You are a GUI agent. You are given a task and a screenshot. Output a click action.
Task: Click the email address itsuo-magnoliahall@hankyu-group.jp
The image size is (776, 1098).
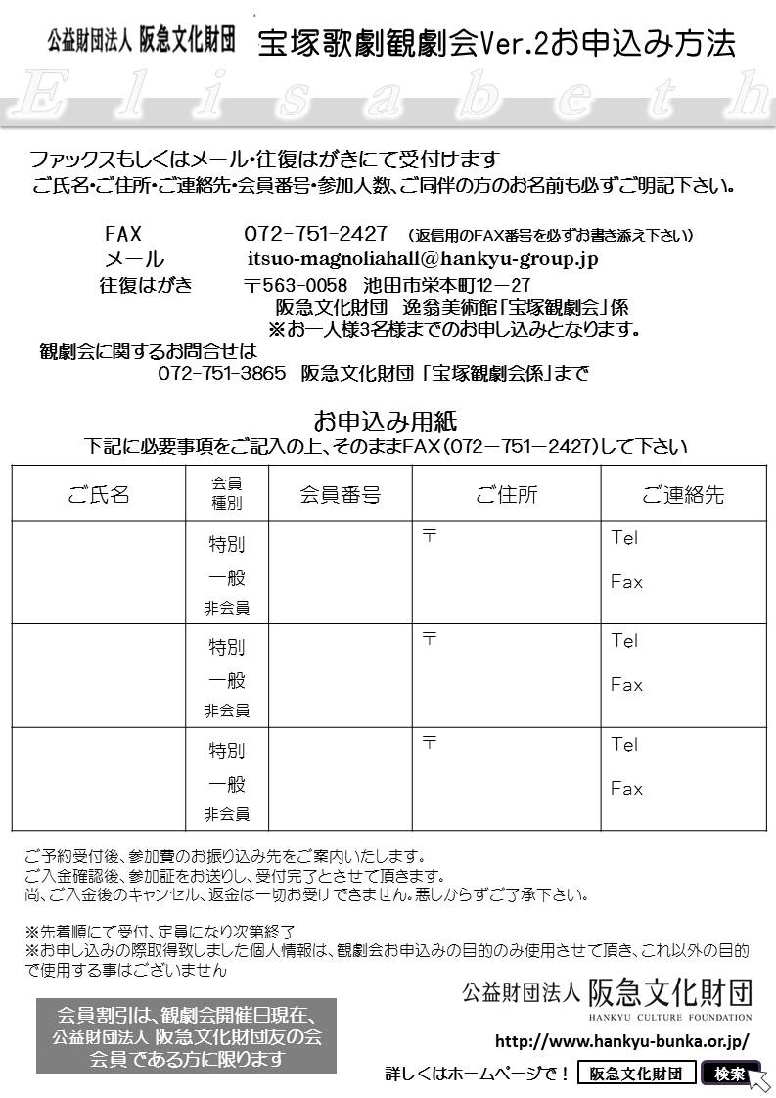point(422,259)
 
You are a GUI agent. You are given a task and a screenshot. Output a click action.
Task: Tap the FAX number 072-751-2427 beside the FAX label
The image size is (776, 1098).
point(315,235)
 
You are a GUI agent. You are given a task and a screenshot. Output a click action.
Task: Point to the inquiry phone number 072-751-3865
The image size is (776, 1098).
point(221,374)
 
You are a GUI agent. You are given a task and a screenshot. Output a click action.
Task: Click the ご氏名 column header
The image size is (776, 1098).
point(99,495)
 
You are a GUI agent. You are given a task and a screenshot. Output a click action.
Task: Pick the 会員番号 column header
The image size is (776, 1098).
point(340,495)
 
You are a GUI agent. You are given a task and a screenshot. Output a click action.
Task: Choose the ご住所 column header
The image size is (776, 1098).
point(506,495)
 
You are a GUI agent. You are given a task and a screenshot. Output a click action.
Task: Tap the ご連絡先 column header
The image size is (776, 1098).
point(682,495)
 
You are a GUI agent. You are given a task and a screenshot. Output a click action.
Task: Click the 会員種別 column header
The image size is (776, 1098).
point(226,494)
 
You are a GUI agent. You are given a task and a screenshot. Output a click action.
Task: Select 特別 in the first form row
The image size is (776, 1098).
point(226,544)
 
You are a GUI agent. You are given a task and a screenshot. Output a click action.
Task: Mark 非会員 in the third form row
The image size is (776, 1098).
point(226,814)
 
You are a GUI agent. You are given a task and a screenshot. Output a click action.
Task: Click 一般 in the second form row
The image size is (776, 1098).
point(226,680)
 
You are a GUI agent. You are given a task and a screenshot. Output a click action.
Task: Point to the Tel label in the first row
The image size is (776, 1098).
point(623,537)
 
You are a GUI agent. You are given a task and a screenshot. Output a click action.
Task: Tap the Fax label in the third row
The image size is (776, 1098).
point(626,788)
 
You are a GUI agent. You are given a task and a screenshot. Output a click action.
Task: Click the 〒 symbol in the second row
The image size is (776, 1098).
point(429,638)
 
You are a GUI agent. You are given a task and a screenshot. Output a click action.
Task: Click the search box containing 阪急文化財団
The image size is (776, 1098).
point(636,1074)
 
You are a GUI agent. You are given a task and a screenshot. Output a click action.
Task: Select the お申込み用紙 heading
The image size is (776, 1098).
point(386,422)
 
